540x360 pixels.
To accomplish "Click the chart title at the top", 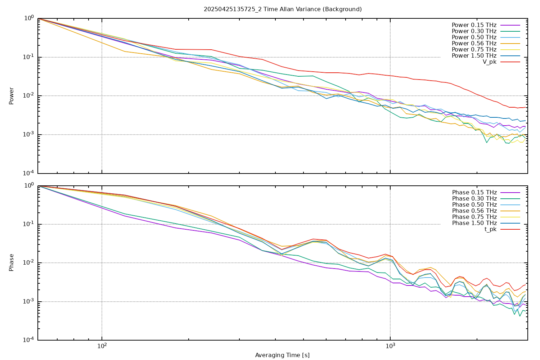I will coord(283,9).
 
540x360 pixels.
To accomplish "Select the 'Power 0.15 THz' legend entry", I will coord(474,25).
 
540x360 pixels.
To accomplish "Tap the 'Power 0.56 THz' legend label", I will coord(474,44).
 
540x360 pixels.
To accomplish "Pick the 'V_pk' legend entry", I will coord(490,62).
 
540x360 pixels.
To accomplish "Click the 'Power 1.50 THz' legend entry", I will coord(474,56).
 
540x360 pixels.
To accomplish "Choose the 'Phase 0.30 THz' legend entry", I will coord(474,199).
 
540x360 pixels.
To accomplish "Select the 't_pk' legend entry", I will coord(490,229).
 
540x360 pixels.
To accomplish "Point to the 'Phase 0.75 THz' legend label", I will coord(474,217).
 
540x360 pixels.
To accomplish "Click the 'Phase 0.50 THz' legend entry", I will coord(474,205).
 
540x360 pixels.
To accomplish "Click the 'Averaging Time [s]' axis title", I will coord(282,355).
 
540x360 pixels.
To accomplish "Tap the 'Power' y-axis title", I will coord(12,96).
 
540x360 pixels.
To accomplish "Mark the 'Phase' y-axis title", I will coord(12,262).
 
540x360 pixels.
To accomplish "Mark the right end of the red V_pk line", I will coord(526,107).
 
